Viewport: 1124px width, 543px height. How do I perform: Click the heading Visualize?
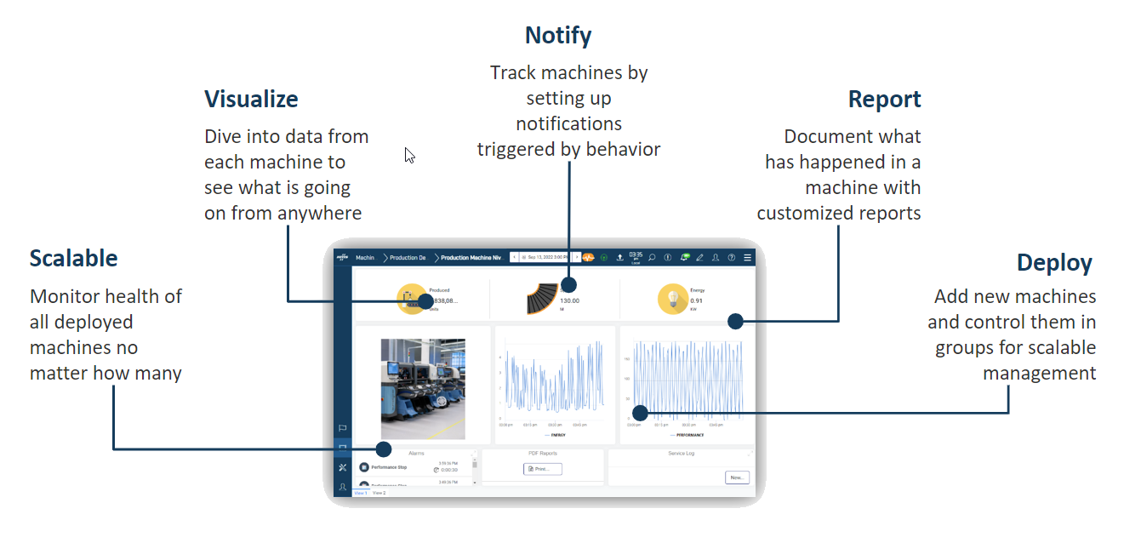pyautogui.click(x=251, y=99)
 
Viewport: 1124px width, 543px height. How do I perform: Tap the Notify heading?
pyautogui.click(x=557, y=36)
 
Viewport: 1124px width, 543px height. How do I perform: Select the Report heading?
pyautogui.click(x=884, y=99)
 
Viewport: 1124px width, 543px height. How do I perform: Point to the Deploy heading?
pyautogui.click(x=1054, y=262)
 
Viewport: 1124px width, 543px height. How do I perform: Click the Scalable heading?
pyautogui.click(x=73, y=258)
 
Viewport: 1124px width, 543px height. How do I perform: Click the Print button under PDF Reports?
pyautogui.click(x=542, y=469)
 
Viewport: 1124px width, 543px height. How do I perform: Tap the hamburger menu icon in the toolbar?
pyautogui.click(x=747, y=257)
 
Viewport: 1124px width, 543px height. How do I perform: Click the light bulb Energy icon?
pyautogui.click(x=672, y=299)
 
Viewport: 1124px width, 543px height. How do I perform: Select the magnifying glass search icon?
pyautogui.click(x=652, y=257)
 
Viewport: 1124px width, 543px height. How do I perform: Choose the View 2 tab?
pyautogui.click(x=379, y=493)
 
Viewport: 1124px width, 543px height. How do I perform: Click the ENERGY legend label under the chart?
pyautogui.click(x=557, y=434)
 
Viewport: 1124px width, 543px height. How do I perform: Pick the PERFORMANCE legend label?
pyautogui.click(x=689, y=434)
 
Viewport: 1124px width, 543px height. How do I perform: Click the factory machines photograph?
pyautogui.click(x=423, y=388)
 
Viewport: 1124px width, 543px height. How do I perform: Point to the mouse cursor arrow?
pyautogui.click(x=408, y=154)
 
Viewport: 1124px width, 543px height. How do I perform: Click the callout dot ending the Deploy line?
pyautogui.click(x=640, y=412)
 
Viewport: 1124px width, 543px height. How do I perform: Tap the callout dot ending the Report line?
pyautogui.click(x=735, y=321)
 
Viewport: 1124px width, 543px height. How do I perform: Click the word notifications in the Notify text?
pyautogui.click(x=568, y=123)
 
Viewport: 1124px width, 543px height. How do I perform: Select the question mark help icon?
pyautogui.click(x=731, y=257)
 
